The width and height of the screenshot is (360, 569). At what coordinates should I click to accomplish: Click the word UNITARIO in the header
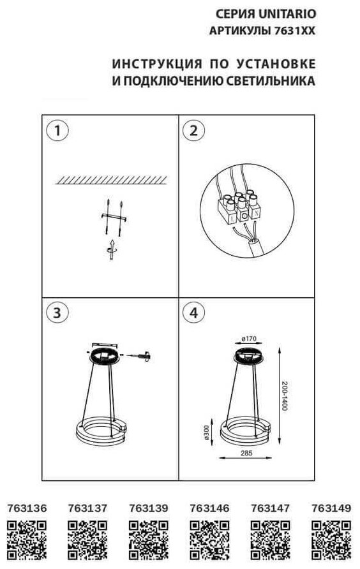coord(287,14)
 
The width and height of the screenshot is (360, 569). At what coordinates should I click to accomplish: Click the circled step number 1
coord(57,130)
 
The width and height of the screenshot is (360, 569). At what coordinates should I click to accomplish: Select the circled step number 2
coord(193,130)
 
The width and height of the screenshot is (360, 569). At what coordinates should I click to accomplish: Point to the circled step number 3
coord(57,313)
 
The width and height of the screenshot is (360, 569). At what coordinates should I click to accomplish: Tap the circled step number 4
coord(193,313)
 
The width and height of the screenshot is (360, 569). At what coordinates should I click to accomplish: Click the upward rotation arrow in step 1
coord(112,249)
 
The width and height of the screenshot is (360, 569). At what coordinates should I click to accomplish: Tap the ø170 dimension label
coord(248,339)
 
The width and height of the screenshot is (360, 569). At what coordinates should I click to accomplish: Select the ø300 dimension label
coord(207,433)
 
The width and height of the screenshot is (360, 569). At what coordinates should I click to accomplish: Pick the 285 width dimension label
coord(246,453)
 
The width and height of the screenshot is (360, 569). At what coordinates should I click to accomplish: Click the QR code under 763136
coord(27,540)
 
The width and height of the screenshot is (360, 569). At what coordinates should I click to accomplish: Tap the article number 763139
coord(149,508)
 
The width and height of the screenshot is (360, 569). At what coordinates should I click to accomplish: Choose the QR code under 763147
coord(271,540)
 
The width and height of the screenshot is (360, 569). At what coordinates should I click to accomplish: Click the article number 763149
coord(331,508)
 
